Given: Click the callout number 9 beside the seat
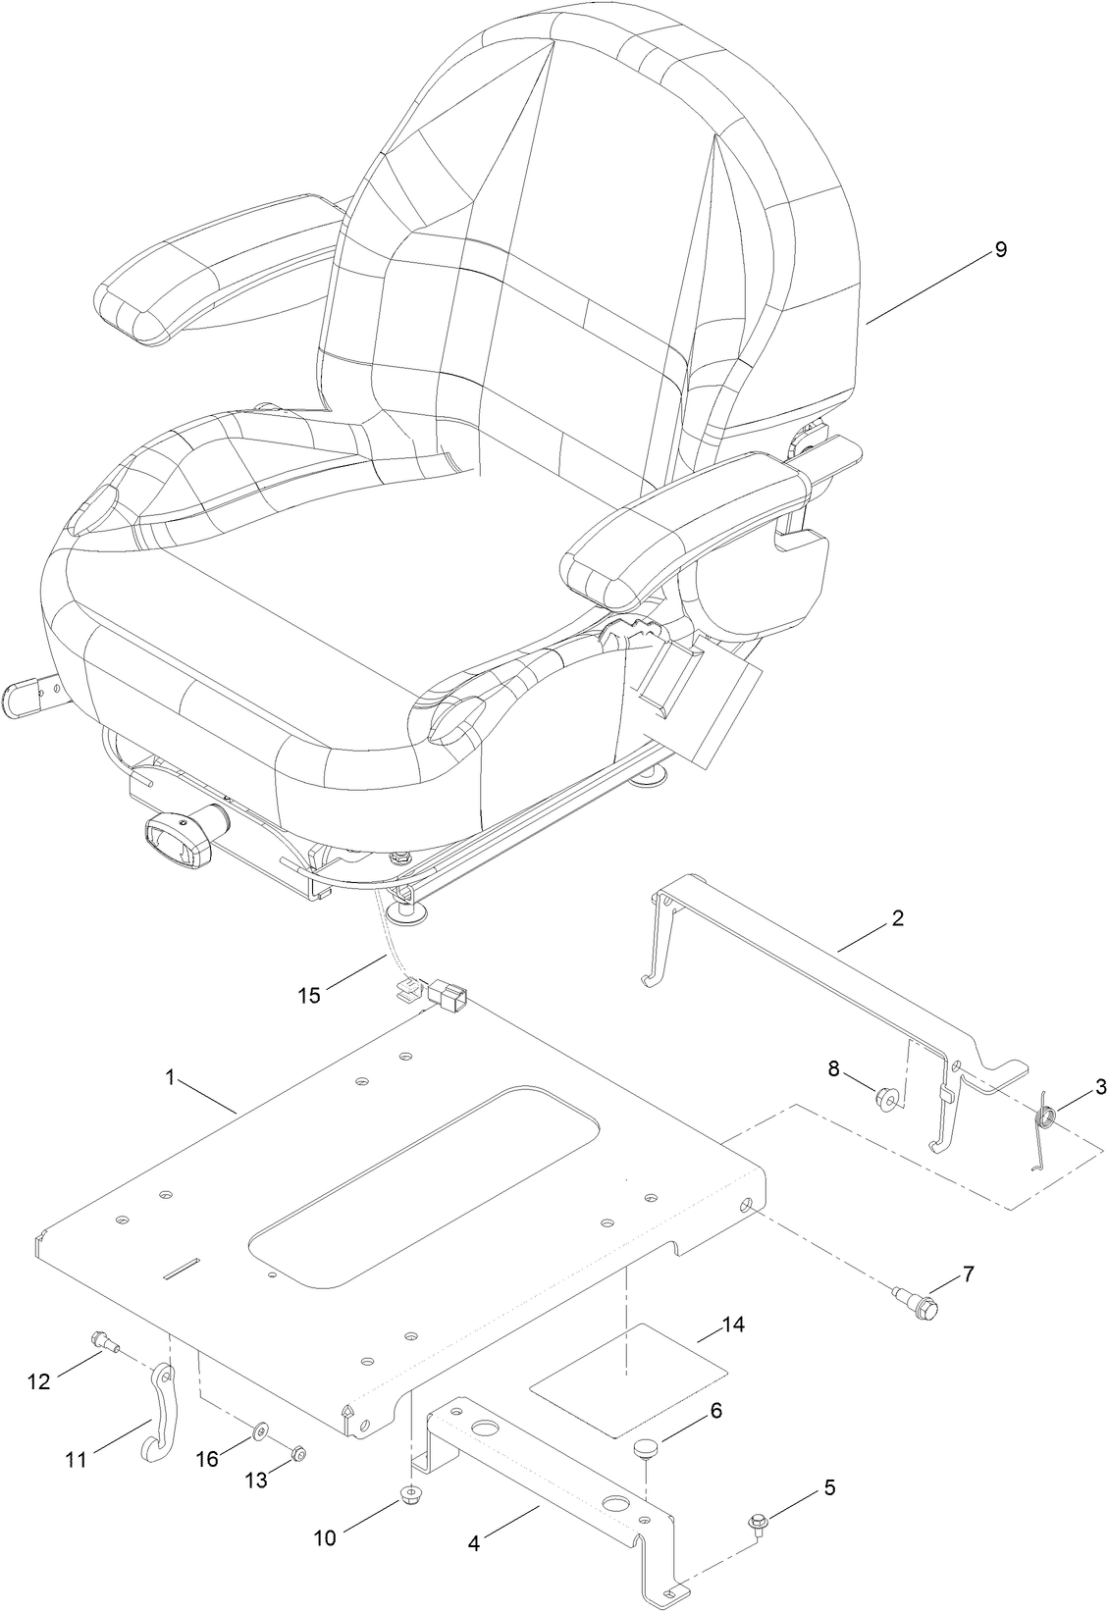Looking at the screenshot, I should [x=1000, y=249].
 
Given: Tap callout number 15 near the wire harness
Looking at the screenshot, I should [x=309, y=995].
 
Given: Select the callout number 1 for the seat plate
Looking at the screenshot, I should [x=170, y=1077].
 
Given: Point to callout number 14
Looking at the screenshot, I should [x=733, y=1325].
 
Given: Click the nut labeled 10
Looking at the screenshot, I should [x=411, y=1496].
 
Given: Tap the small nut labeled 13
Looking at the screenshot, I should [x=299, y=1453].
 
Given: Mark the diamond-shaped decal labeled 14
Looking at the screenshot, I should [x=627, y=1380].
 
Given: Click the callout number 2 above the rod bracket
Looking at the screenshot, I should [x=897, y=919].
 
